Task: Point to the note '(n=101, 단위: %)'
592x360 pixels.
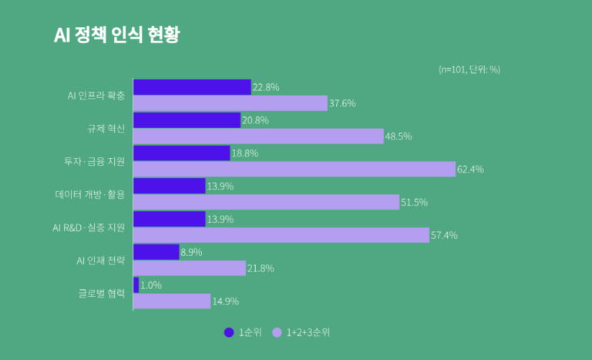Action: [469, 69]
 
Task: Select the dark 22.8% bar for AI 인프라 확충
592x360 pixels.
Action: [192, 87]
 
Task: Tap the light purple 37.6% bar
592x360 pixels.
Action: [230, 103]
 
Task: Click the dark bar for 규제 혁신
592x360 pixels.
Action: [187, 120]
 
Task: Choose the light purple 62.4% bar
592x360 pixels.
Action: [294, 170]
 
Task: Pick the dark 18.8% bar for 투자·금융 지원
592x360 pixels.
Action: [182, 153]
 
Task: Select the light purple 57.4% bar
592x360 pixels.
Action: [281, 235]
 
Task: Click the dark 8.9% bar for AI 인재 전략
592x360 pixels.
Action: [156, 252]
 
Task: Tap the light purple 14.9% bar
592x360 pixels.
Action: [172, 301]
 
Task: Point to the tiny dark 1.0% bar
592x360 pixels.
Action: [136, 285]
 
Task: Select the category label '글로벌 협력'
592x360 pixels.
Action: [102, 293]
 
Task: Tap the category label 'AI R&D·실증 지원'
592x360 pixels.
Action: [89, 227]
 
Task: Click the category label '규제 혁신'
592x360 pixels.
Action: [106, 128]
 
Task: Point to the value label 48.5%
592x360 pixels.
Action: [399, 136]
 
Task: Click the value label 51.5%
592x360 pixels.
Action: [415, 203]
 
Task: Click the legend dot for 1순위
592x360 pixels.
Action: [229, 333]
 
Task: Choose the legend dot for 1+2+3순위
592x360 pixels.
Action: [277, 333]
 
